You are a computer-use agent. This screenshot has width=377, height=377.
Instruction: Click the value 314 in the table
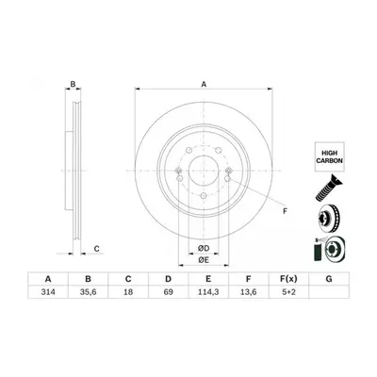tap(48, 292)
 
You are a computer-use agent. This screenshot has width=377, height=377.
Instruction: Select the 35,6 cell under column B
tap(89, 292)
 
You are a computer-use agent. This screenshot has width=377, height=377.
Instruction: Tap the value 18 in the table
tap(128, 292)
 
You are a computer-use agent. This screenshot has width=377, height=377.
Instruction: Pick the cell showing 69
tap(169, 292)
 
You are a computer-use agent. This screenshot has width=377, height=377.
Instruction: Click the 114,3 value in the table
tap(208, 292)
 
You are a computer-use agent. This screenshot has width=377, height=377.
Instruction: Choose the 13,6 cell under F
tap(248, 292)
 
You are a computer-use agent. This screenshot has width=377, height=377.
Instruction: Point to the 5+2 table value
tap(288, 292)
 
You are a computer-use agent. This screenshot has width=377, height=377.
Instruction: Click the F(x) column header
tap(288, 279)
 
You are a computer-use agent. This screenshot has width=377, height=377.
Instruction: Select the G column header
tap(329, 279)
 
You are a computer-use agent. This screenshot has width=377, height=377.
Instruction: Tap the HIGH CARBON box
tap(329, 156)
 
